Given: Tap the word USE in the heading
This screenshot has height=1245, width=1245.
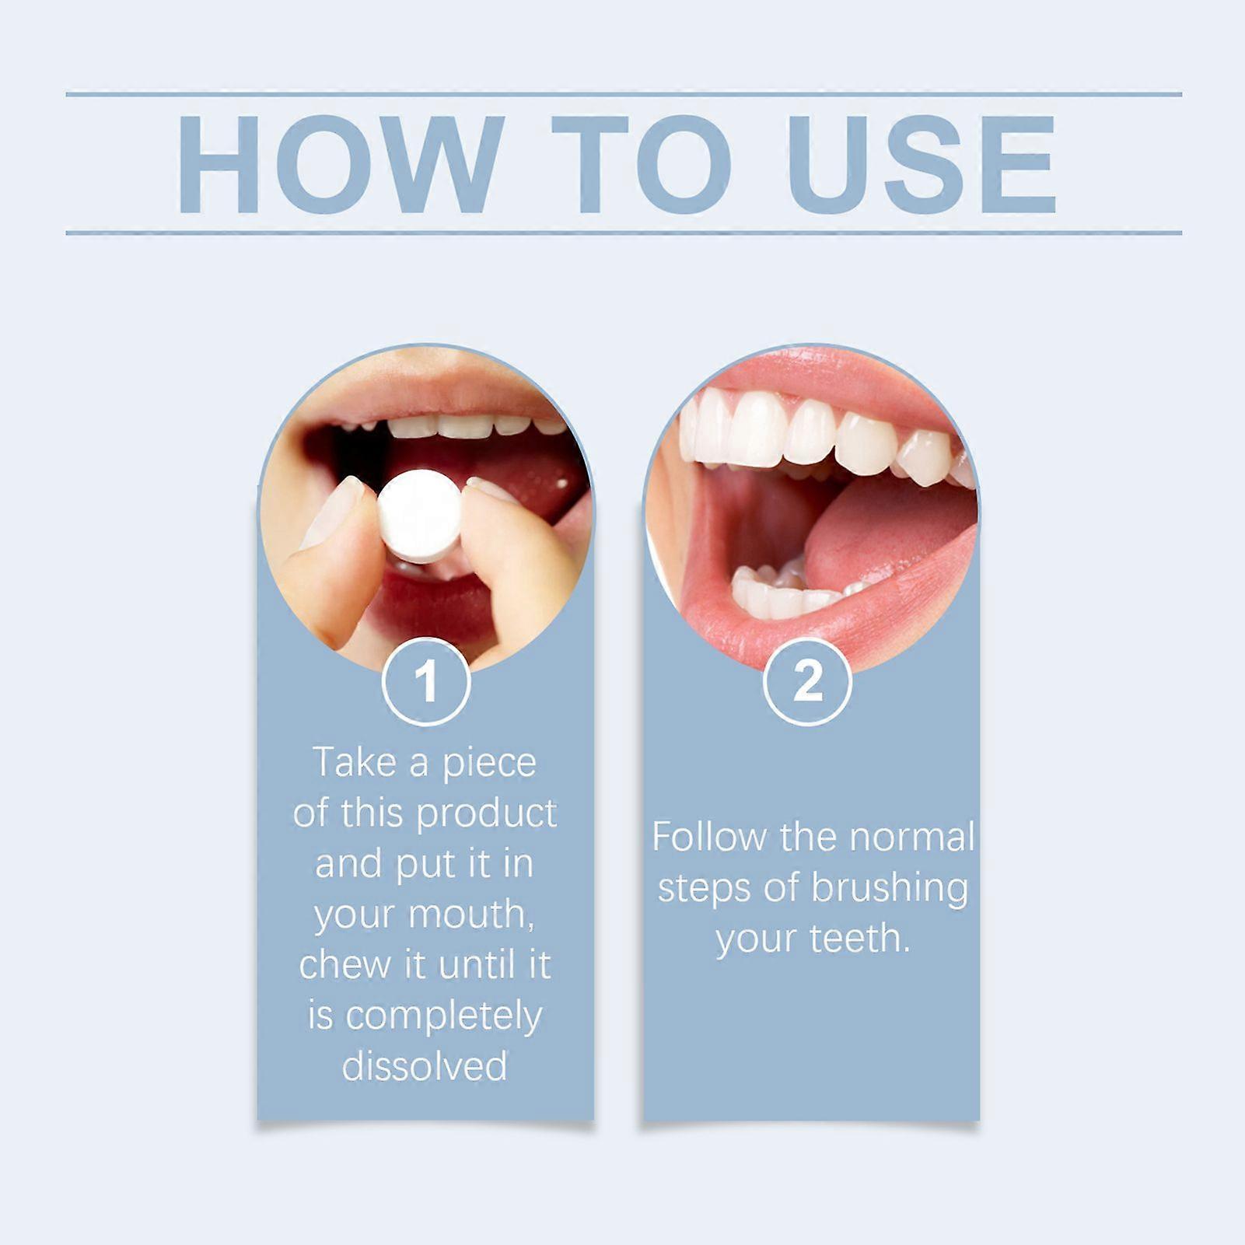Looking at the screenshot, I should [922, 165].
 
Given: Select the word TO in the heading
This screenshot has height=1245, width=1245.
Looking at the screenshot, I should [641, 165].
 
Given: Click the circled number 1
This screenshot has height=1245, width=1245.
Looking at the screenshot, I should [426, 681].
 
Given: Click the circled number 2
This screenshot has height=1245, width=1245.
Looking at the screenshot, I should [807, 681].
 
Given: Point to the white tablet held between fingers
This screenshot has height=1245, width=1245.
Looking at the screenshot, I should [420, 515].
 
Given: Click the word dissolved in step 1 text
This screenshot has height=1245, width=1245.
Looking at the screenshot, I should [425, 1066].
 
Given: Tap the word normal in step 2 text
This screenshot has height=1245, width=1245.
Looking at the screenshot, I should [911, 837].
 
